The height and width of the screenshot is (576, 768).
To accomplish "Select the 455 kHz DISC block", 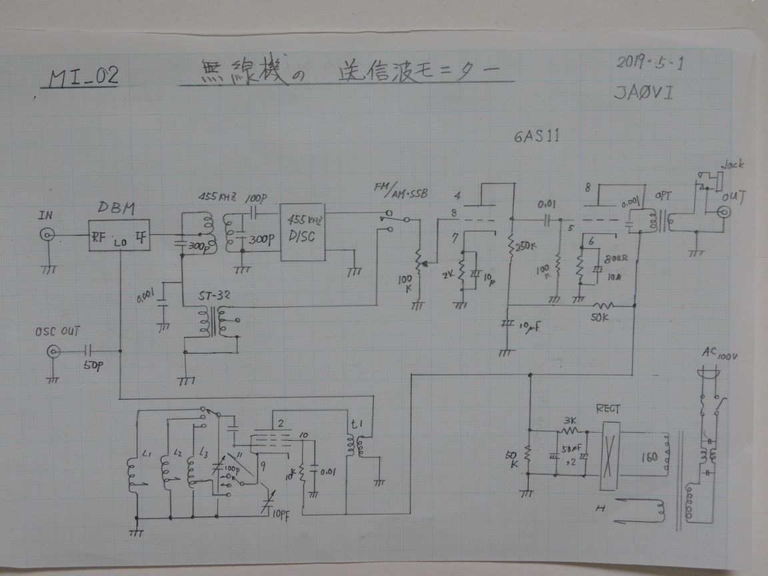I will [x=302, y=232].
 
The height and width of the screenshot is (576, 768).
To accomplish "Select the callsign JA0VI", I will [x=644, y=93].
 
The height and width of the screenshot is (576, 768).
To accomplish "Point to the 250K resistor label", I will [x=526, y=246].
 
